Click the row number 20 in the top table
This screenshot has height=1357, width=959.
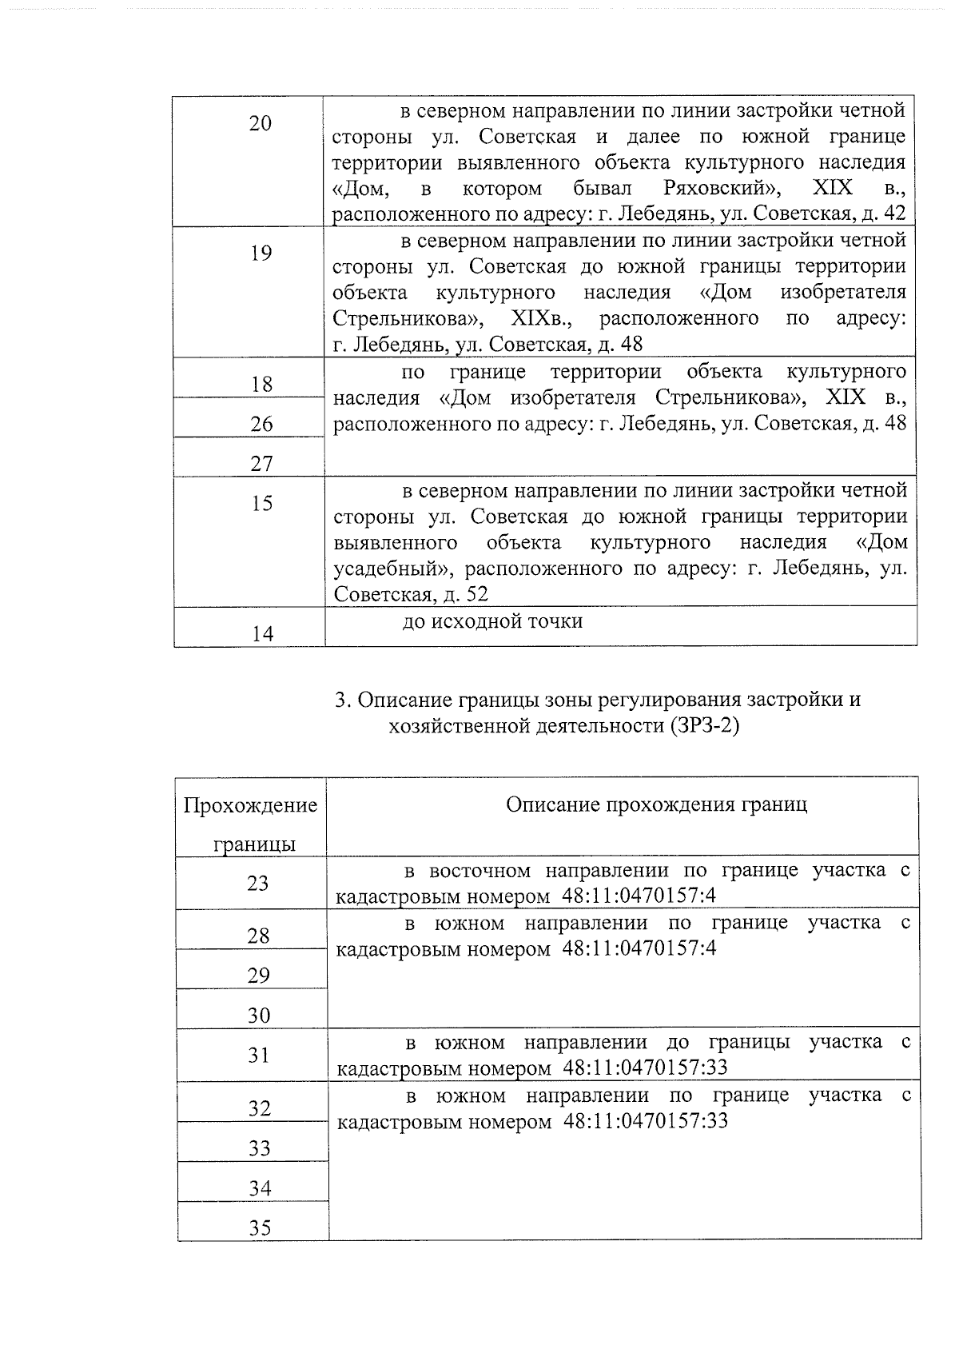(261, 123)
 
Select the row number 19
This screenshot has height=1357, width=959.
(261, 253)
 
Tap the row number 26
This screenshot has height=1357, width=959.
(261, 424)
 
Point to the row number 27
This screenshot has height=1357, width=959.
(261, 464)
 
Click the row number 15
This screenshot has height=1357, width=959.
(261, 503)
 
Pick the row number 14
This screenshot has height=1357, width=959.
(261, 634)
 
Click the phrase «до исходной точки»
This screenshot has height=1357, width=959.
(492, 621)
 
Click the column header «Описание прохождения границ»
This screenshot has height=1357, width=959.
(656, 804)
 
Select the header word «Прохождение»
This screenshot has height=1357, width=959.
(250, 804)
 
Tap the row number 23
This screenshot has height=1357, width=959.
(258, 884)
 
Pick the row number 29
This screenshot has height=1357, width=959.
(258, 976)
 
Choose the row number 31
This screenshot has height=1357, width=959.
(258, 1056)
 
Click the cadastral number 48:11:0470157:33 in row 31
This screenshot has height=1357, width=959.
(646, 1068)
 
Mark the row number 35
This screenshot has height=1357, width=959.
(260, 1227)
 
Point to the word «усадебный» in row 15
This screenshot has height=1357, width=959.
(392, 569)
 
